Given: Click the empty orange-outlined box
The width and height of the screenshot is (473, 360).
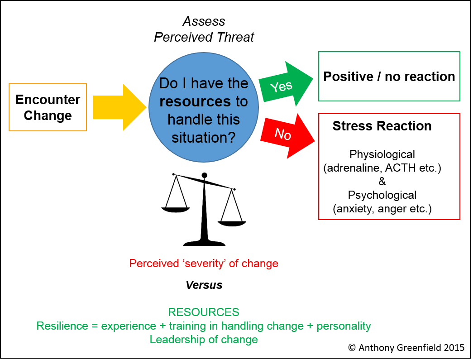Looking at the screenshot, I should (48, 107).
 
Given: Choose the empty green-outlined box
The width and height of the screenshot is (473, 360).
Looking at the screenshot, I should (389, 76).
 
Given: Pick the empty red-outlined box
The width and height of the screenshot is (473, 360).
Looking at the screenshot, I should (389, 166).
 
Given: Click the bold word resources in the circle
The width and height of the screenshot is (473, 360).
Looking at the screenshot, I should (195, 101).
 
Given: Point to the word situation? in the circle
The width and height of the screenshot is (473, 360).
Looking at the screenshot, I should (204, 137).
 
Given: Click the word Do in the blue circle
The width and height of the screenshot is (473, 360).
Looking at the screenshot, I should (168, 83).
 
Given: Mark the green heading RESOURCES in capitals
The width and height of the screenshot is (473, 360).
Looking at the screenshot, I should (204, 312).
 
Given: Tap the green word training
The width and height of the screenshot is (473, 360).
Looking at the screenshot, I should (179, 326).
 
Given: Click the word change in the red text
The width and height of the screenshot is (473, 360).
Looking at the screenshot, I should (260, 264).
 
